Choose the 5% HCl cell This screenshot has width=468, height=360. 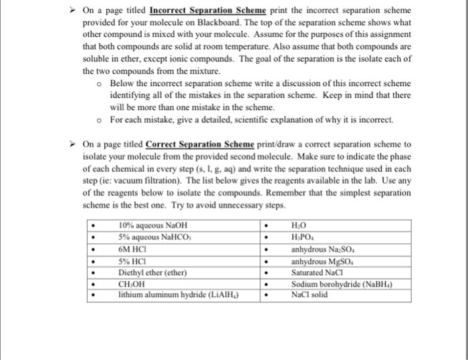coord(132,262)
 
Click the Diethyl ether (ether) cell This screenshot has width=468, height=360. coord(152,273)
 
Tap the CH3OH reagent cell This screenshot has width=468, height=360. coord(132,284)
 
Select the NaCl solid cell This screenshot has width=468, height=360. coord(310,294)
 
